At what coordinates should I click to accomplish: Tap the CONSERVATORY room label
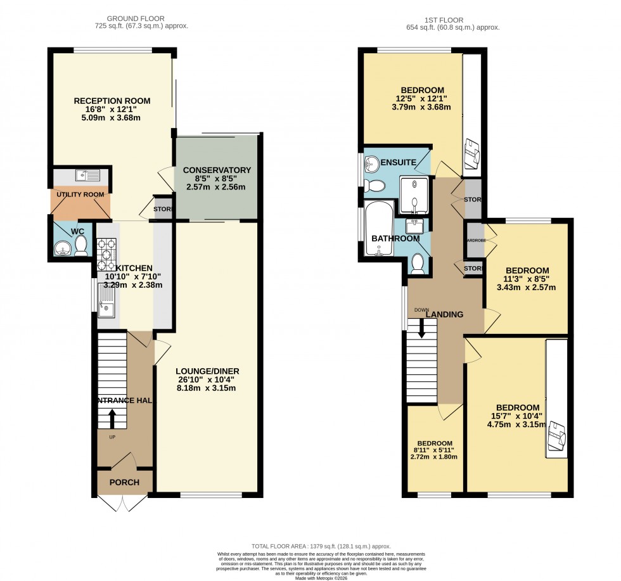pyautogui.click(x=217, y=170)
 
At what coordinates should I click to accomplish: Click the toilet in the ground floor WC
pyautogui.click(x=81, y=245)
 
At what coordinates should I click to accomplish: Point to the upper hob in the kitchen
pyautogui.click(x=104, y=245)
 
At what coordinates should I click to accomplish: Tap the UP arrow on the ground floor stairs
pyautogui.click(x=112, y=419)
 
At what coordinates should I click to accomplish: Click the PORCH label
pyautogui.click(x=124, y=482)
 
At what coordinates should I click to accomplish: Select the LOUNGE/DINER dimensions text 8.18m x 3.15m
pyautogui.click(x=208, y=388)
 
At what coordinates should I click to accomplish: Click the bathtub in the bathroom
pyautogui.click(x=379, y=229)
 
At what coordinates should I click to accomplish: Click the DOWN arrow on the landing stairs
pyautogui.click(x=421, y=328)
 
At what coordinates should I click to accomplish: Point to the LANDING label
pyautogui.click(x=444, y=314)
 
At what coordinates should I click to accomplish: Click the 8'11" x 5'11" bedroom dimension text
pyautogui.click(x=435, y=450)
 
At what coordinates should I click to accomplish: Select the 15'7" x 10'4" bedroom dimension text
pyautogui.click(x=518, y=416)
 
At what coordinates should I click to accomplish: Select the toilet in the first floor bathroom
pyautogui.click(x=416, y=264)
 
